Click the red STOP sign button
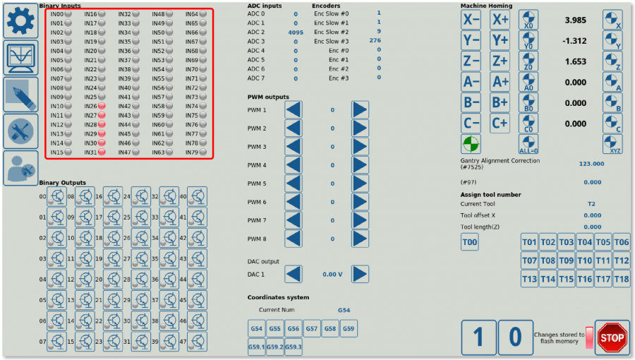(612, 337)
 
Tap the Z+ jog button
(500, 61)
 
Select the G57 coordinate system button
(311, 329)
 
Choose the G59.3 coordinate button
(294, 347)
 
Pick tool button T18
(621, 280)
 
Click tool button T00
(470, 243)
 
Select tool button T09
(566, 260)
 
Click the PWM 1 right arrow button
(361, 110)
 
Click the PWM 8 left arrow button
(294, 239)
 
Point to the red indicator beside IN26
(102, 106)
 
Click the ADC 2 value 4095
(296, 32)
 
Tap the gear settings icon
(20, 20)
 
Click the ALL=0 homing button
(528, 144)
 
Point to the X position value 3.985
(576, 20)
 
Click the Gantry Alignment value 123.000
(591, 164)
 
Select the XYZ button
(612, 144)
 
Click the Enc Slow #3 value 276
(375, 42)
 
